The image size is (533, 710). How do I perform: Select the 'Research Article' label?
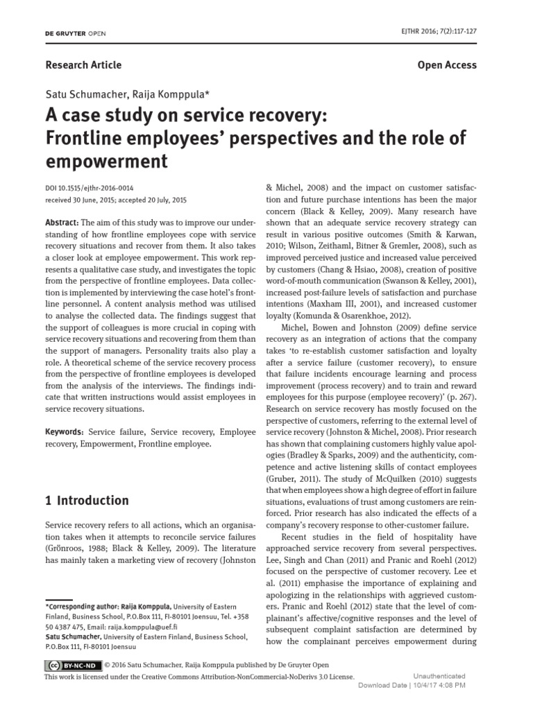point(83,64)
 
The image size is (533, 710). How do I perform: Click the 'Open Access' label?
point(447,64)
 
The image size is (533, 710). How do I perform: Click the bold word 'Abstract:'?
point(62,222)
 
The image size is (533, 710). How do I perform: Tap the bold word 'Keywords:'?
point(67,431)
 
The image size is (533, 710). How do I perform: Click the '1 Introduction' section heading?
point(87,500)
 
